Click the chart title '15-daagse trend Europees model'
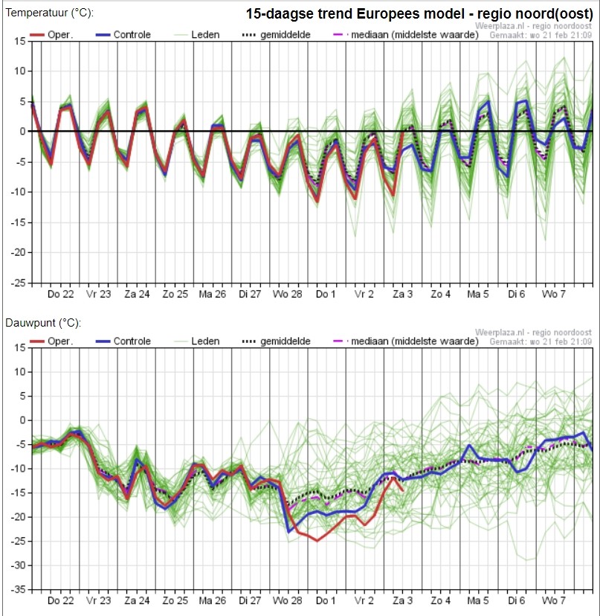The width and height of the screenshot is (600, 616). [355, 13]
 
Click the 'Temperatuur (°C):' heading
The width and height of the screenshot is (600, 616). [50, 13]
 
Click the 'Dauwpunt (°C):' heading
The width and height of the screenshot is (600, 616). [43, 323]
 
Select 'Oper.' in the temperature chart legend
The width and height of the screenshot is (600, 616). [60, 34]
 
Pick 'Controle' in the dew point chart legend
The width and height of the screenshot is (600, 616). [132, 341]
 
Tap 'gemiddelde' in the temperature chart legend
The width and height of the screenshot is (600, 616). [285, 34]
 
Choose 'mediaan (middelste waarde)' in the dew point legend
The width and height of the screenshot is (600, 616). [415, 341]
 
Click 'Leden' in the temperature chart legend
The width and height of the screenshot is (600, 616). [205, 34]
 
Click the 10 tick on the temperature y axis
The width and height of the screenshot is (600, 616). [20, 71]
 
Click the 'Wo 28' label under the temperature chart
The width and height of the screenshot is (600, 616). [288, 294]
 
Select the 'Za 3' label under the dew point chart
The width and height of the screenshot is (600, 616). [402, 600]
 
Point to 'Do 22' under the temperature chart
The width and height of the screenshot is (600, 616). [60, 294]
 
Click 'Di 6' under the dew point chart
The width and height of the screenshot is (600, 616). [517, 600]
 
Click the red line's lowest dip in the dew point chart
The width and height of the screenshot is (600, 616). [317, 541]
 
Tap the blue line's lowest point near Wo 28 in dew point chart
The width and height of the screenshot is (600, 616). [289, 532]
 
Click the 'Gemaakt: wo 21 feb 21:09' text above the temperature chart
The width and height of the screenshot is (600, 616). [541, 36]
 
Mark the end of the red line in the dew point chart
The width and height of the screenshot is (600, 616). [402, 490]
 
